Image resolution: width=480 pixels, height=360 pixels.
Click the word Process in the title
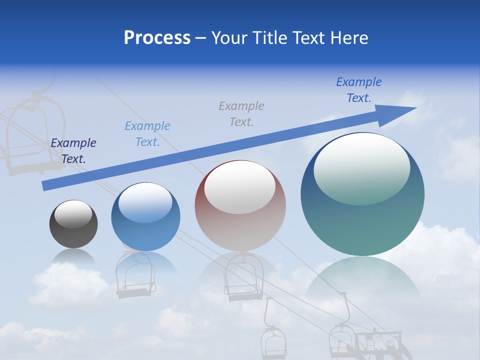[157, 38]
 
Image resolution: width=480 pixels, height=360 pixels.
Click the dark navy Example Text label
[73, 151]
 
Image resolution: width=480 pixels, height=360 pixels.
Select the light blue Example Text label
[147, 134]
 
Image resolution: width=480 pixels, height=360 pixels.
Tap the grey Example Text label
[241, 113]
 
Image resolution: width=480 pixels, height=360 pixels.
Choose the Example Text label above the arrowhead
[358, 90]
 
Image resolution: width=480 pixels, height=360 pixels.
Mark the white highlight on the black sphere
[73, 214]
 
